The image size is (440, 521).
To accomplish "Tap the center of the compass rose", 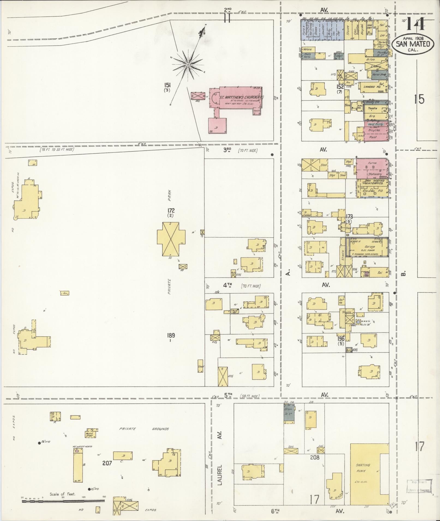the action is pyautogui.click(x=188, y=65).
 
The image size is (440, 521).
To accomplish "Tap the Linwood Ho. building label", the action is pyautogui.click(x=372, y=87).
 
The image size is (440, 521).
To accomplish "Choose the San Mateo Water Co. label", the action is pyautogui.click(x=375, y=182).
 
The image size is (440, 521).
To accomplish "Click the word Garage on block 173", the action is pyautogui.click(x=370, y=247).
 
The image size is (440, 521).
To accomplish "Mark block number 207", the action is pyautogui.click(x=107, y=463).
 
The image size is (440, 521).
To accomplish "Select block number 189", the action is pyautogui.click(x=171, y=335).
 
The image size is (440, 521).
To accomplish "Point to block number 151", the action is pyautogui.click(x=167, y=85).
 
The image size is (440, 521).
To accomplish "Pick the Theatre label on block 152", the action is pyautogui.click(x=372, y=108).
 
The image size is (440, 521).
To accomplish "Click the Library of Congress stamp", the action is pyautogui.click(x=418, y=486).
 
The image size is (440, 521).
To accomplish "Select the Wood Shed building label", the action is pyautogui.click(x=89, y=434).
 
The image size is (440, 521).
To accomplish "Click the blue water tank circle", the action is pyautogui.click(x=358, y=322).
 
